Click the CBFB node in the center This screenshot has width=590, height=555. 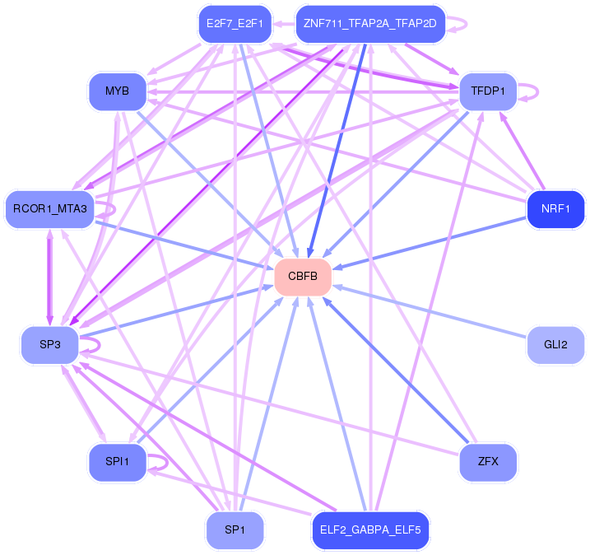(303, 277)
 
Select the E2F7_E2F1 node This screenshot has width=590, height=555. (235, 24)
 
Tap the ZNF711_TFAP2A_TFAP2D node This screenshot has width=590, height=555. (370, 24)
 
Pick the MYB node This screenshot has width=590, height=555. (118, 91)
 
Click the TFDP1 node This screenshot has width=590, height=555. (488, 91)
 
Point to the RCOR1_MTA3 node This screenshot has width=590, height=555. (50, 209)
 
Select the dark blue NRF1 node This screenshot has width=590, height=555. (555, 209)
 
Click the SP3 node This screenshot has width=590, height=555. (50, 345)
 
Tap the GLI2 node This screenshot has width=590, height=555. (555, 345)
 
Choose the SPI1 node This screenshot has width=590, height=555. (118, 462)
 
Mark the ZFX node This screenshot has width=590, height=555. (488, 462)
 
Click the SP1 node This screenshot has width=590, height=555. (235, 530)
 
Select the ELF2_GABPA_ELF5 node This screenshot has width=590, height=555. (370, 530)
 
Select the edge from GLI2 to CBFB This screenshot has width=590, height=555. (430, 311)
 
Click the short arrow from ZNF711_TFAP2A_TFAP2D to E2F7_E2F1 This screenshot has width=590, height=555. (284, 24)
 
